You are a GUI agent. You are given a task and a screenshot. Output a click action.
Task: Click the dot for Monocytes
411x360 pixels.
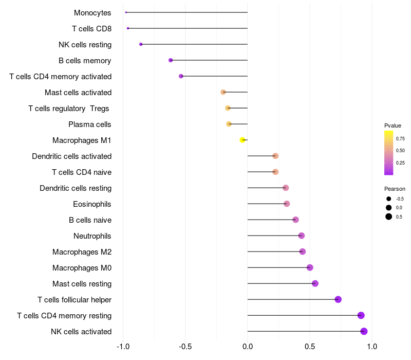126,12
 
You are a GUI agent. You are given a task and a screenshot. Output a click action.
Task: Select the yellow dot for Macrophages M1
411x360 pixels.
242,140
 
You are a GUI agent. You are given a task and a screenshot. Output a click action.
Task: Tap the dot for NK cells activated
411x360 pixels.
364,331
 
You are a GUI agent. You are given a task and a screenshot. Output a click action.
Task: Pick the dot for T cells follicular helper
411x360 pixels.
338,299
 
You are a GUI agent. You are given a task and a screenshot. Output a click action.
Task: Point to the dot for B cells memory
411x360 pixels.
171,60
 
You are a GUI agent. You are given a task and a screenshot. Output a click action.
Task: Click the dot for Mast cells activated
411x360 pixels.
223,92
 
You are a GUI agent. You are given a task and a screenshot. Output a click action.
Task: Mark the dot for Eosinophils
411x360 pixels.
287,204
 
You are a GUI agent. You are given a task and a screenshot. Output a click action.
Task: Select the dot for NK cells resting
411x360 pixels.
141,44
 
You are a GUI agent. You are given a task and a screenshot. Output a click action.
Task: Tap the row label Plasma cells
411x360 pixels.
89,124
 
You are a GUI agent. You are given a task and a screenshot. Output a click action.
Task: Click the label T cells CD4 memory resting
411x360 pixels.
64,315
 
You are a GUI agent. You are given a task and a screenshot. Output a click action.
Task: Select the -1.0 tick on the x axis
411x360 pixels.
123,347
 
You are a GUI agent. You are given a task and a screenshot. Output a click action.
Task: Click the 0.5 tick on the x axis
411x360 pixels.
310,347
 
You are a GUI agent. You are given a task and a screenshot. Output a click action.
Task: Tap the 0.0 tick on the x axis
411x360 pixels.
248,347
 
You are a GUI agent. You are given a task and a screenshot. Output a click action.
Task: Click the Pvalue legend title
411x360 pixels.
393,125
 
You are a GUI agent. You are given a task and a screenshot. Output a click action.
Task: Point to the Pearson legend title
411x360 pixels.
395,189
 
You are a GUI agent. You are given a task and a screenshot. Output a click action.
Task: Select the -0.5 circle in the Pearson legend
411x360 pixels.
389,199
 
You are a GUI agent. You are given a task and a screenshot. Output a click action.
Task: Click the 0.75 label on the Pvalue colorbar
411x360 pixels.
400,138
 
